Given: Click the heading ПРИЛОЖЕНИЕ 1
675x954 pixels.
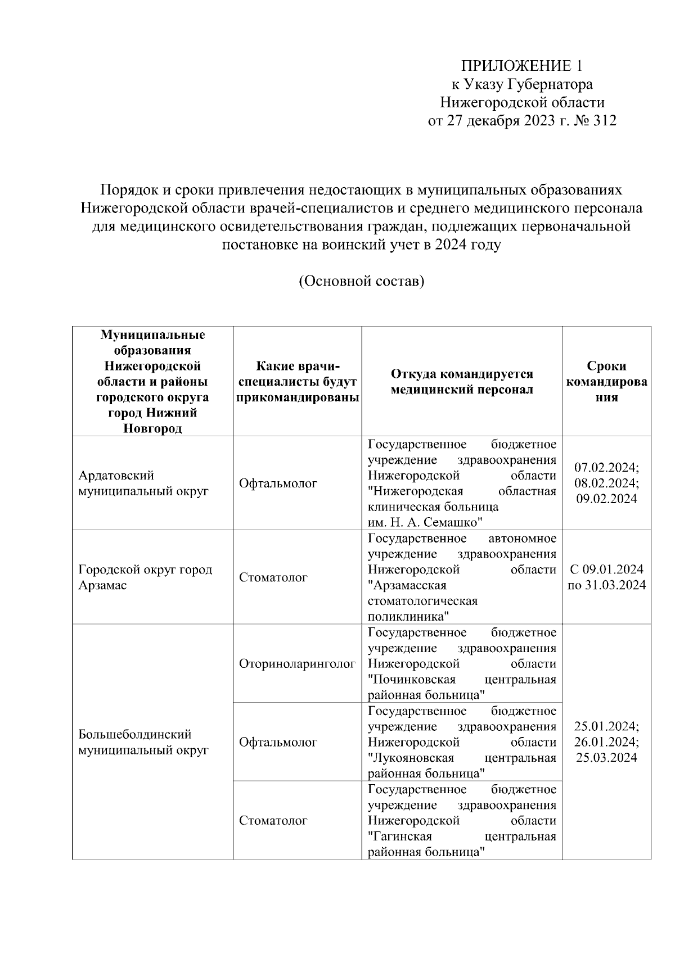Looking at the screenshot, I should (521, 66).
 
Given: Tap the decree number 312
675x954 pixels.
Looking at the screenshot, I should (604, 120).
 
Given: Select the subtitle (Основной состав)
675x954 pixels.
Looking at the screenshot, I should (361, 281).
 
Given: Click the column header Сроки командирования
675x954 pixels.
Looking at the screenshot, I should (606, 382).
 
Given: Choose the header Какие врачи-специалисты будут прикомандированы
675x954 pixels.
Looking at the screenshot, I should (298, 382).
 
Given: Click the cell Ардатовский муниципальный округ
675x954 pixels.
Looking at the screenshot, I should (143, 483).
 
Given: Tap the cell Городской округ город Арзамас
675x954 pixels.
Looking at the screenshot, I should (145, 577).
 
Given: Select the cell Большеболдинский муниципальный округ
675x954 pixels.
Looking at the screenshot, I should (143, 742).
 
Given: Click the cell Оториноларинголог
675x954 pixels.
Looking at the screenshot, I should (297, 664).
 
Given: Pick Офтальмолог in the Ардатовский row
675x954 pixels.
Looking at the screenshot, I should (278, 483).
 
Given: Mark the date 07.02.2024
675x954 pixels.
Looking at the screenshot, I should (606, 468).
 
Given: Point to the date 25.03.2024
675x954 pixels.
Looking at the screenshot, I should (606, 757).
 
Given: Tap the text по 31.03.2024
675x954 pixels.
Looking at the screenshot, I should (606, 585).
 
